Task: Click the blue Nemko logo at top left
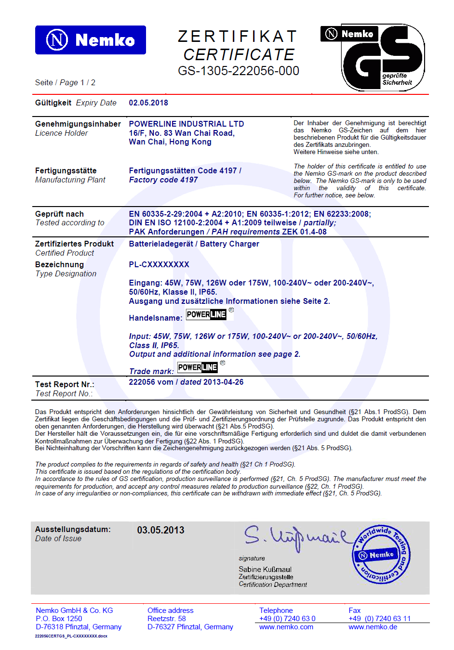(x=90, y=40)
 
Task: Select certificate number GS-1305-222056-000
(x=239, y=71)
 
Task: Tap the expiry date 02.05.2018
(x=148, y=103)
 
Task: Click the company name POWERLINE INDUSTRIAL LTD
(x=187, y=124)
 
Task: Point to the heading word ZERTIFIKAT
(x=238, y=37)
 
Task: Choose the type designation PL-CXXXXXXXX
(x=159, y=264)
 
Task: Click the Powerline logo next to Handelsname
(x=206, y=314)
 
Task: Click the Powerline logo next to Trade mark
(x=198, y=367)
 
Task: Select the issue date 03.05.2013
(x=160, y=530)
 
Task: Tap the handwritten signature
(x=294, y=537)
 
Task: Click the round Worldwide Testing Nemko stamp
(x=382, y=554)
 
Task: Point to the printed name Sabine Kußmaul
(x=265, y=569)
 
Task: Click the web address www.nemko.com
(x=286, y=627)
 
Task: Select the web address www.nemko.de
(x=373, y=627)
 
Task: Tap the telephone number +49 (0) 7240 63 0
(x=287, y=619)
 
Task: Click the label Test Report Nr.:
(x=65, y=384)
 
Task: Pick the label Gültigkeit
(x=53, y=103)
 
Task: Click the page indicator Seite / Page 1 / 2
(x=65, y=82)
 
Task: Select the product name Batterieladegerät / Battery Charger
(x=194, y=244)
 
